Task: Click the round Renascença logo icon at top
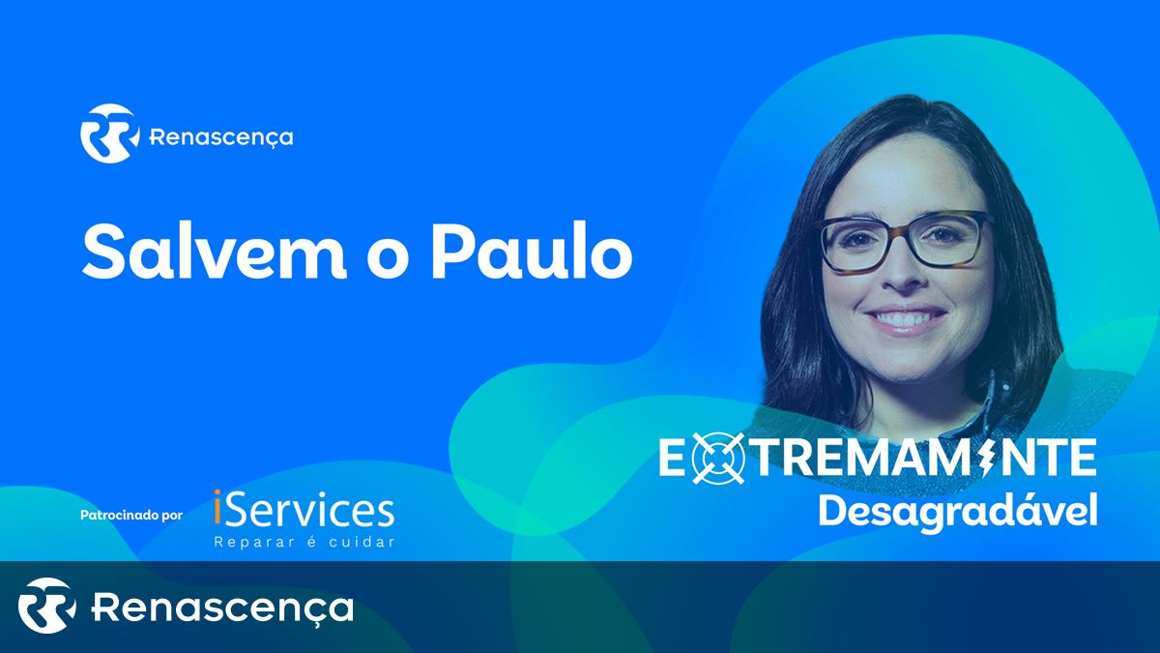point(110,134)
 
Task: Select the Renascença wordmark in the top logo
point(221,137)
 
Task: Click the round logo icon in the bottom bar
point(46,606)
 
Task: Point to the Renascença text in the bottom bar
point(222,608)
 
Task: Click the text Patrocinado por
point(131,516)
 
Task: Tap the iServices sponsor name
point(304,509)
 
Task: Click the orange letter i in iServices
point(217,508)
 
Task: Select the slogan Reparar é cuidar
point(304,542)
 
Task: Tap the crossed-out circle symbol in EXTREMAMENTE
point(717,459)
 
